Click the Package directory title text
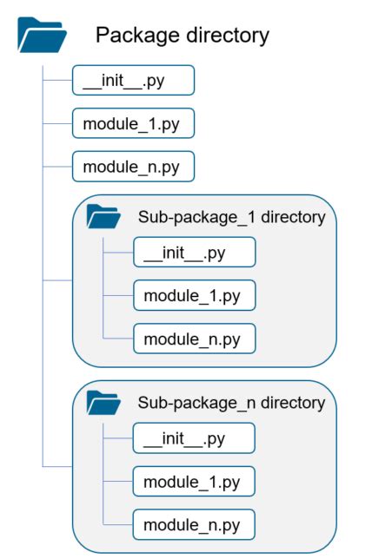tap(182, 36)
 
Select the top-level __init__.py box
tap(133, 81)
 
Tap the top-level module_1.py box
tap(133, 123)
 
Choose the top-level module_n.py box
tap(133, 165)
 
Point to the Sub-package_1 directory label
tap(231, 217)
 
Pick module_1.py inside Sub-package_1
tap(194, 295)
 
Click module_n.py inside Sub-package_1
tap(194, 338)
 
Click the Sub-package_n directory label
tap(231, 403)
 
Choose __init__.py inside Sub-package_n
tap(194, 438)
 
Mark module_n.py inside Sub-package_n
tap(194, 524)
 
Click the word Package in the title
tap(136, 36)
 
